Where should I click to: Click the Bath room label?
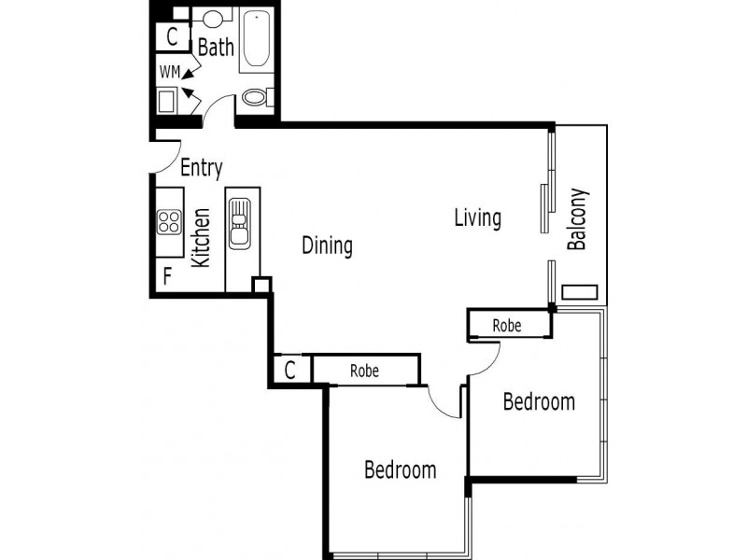(x=216, y=47)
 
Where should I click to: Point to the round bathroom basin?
(x=214, y=18)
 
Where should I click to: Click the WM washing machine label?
(x=169, y=71)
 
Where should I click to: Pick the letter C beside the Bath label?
(x=172, y=37)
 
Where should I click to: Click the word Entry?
(x=201, y=168)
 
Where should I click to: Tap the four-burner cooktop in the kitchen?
(x=169, y=221)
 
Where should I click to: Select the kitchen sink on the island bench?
(x=239, y=224)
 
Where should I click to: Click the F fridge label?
(x=167, y=276)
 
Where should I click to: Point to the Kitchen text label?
(x=200, y=238)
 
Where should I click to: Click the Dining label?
(x=327, y=246)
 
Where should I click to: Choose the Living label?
(x=477, y=218)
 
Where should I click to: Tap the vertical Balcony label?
(x=577, y=220)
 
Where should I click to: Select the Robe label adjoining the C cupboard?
(x=364, y=370)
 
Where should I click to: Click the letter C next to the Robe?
(x=290, y=370)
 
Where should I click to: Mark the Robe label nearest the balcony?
(x=507, y=326)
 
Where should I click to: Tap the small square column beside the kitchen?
(x=261, y=285)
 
